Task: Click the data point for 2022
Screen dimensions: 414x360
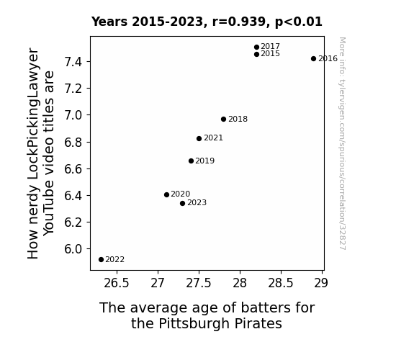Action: click(101, 260)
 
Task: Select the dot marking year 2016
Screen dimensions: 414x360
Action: click(313, 58)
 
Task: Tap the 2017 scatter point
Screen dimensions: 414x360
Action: click(256, 48)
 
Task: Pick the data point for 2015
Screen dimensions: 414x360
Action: click(256, 55)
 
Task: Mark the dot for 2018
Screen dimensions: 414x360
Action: click(223, 119)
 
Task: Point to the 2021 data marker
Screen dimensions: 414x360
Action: click(199, 139)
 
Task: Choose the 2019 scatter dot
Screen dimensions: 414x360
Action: click(191, 161)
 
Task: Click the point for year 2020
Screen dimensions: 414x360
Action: click(166, 194)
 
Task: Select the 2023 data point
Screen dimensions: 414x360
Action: click(182, 203)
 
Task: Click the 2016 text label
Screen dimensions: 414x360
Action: click(328, 58)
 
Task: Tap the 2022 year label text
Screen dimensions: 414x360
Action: click(115, 260)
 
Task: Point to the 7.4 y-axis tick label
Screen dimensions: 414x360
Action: click(73, 62)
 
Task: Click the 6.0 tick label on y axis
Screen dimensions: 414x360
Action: click(73, 249)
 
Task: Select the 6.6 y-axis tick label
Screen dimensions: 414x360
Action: click(73, 168)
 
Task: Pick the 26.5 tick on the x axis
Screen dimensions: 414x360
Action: click(117, 283)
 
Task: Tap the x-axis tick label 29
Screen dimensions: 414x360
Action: click(321, 283)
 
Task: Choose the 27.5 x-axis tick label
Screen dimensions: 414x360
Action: click(199, 283)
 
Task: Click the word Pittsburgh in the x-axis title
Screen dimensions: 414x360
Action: click(194, 323)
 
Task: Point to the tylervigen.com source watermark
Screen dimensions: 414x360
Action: click(342, 143)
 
